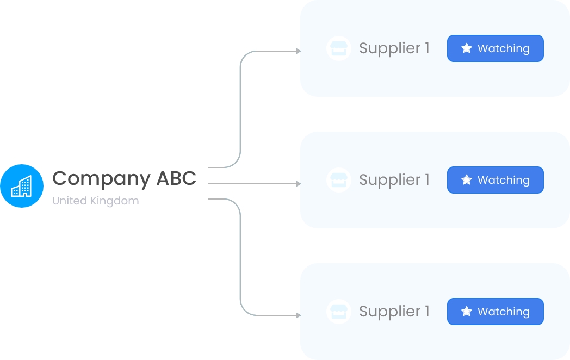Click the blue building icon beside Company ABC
(22, 186)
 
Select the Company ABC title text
(124, 178)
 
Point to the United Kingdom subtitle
(95, 201)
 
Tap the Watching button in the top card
(495, 48)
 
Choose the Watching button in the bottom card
(495, 312)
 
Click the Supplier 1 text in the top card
(394, 48)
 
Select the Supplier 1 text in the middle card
(394, 180)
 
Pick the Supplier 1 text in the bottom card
(394, 312)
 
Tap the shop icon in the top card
(338, 48)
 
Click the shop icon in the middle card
(338, 180)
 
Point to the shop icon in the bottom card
(338, 312)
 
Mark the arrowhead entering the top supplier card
(298, 51)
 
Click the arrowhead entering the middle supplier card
(298, 184)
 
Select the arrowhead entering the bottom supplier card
(298, 315)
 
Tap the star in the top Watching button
(466, 48)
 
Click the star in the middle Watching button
(466, 180)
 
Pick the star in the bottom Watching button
(466, 312)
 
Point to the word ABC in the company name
(176, 178)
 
